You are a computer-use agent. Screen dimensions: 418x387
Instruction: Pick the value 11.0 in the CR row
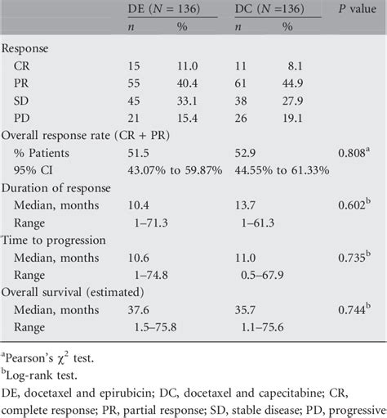point(189,83)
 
